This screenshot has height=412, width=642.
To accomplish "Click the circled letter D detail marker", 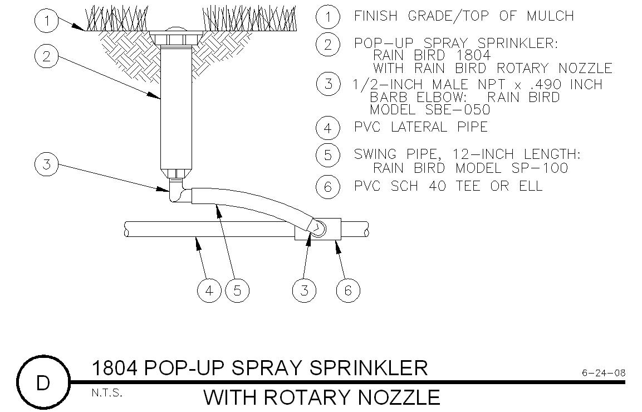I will click(x=43, y=383).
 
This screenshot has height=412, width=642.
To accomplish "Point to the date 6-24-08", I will click(x=604, y=372).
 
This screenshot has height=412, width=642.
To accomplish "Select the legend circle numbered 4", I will click(x=327, y=128).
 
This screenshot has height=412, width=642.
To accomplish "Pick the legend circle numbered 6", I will click(x=327, y=186).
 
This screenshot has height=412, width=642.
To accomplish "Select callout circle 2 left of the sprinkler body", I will click(x=46, y=55).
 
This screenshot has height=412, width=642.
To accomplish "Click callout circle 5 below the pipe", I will click(x=238, y=290).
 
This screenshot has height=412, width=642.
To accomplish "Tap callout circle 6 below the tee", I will click(x=348, y=290).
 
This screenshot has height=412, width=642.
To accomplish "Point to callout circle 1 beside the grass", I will click(x=46, y=21).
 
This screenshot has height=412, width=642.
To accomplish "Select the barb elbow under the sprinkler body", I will click(x=177, y=193).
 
